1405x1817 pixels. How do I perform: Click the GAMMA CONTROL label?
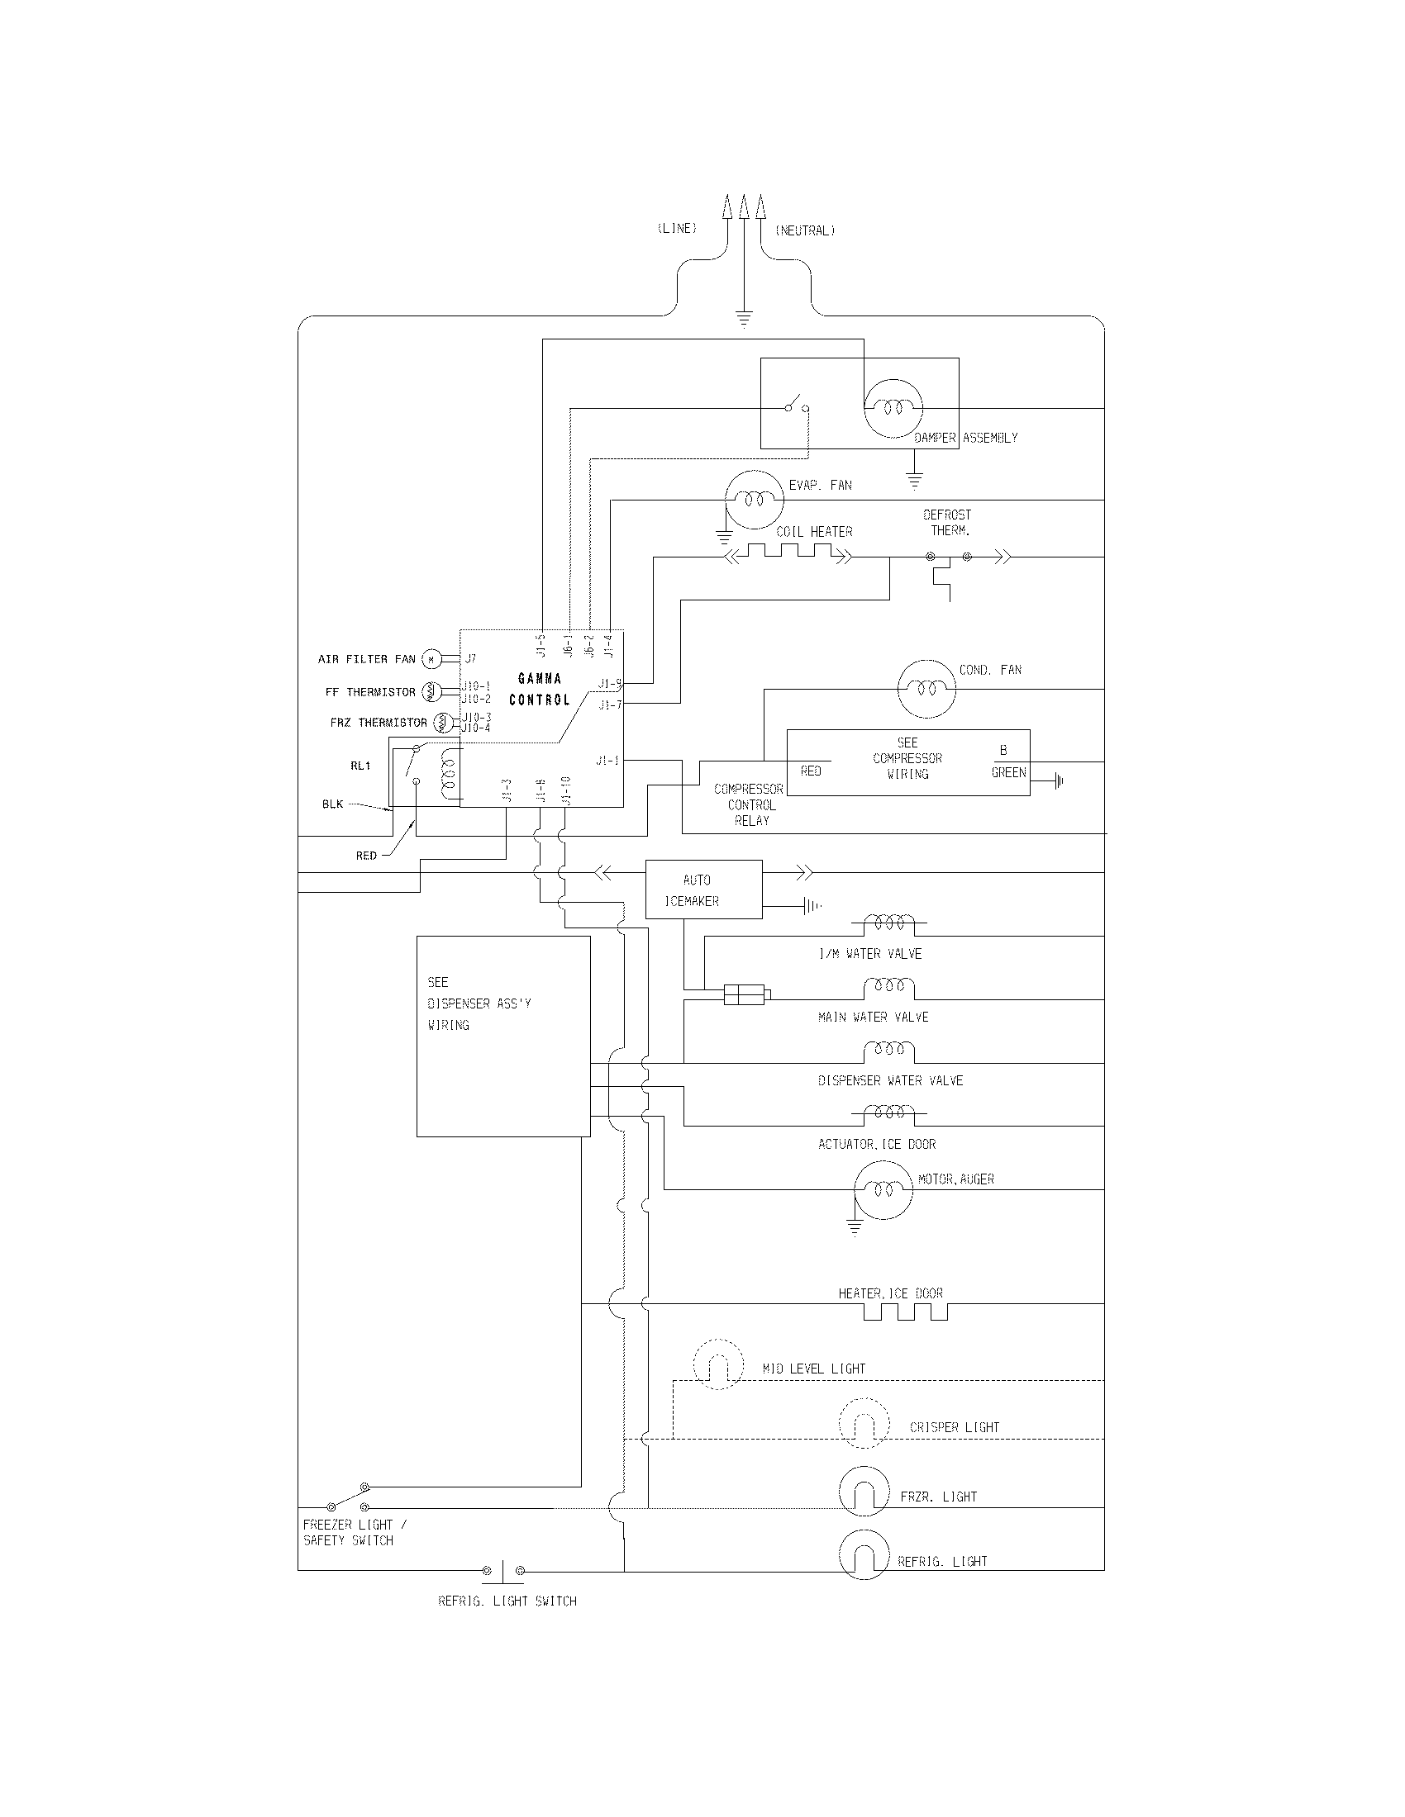click(540, 689)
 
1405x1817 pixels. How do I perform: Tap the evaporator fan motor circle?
click(753, 499)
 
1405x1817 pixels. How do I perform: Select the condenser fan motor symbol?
click(926, 689)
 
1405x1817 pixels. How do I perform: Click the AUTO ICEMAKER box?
click(703, 890)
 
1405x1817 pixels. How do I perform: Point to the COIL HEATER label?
click(813, 532)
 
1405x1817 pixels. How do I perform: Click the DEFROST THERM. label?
click(947, 523)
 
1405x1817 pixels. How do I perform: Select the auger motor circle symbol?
click(883, 1190)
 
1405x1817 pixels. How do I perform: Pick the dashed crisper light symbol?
click(863, 1425)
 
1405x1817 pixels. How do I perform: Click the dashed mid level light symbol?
click(717, 1364)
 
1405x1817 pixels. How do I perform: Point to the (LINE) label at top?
click(677, 229)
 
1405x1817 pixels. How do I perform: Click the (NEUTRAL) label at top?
click(804, 230)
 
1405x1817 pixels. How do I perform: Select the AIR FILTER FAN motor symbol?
click(431, 659)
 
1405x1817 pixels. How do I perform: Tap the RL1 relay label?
click(360, 766)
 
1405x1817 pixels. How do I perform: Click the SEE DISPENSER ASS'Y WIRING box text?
click(479, 1003)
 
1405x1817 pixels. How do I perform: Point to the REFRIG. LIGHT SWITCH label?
click(507, 1601)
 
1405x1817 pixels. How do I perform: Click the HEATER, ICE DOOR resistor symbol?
click(905, 1313)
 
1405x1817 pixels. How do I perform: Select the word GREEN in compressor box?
click(1008, 772)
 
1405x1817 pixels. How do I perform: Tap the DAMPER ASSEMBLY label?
click(965, 438)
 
